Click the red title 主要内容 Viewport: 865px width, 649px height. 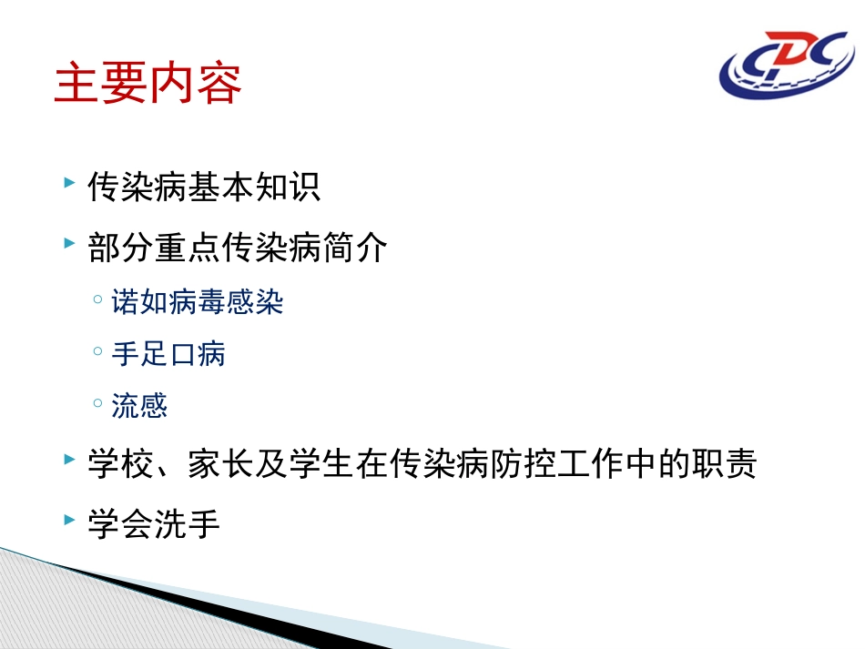point(148,84)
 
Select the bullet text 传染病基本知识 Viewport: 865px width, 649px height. point(204,188)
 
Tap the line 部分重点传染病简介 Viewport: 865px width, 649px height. point(238,247)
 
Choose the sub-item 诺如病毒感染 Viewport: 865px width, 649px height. point(198,301)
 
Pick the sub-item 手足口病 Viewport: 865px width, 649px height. point(168,353)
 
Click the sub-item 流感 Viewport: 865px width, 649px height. point(140,405)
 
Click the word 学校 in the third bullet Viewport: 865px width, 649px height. point(120,465)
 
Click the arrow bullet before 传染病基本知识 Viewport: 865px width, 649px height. point(70,185)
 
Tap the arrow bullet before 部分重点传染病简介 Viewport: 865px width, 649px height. point(70,244)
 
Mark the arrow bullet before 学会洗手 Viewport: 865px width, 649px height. point(70,521)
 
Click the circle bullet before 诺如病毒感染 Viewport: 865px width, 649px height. point(97,300)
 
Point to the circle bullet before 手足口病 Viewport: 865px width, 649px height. point(97,352)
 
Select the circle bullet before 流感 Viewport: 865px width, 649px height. point(97,404)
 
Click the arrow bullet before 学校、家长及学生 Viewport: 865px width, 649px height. point(70,462)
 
